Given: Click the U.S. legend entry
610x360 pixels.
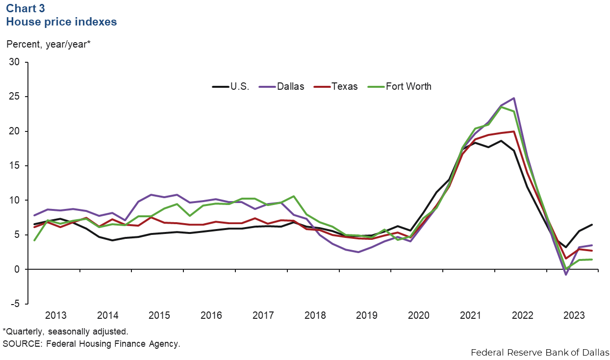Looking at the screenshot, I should pyautogui.click(x=231, y=86).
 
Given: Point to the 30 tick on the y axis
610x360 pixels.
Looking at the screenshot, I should pyautogui.click(x=15, y=62).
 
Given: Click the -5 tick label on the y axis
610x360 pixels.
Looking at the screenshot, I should pyautogui.click(x=16, y=304).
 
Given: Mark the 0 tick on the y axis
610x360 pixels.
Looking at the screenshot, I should pyautogui.click(x=18, y=269).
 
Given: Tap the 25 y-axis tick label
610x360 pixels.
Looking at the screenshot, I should pyautogui.click(x=15, y=97).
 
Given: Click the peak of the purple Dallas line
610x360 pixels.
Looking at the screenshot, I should pyautogui.click(x=514, y=98).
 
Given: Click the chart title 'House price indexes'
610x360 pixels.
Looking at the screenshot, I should pyautogui.click(x=60, y=22).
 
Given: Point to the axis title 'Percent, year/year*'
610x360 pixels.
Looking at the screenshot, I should pyautogui.click(x=49, y=44).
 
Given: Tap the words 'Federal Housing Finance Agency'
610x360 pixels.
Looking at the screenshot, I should pyautogui.click(x=113, y=343).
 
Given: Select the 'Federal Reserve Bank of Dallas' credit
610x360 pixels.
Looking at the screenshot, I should pyautogui.click(x=539, y=352).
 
